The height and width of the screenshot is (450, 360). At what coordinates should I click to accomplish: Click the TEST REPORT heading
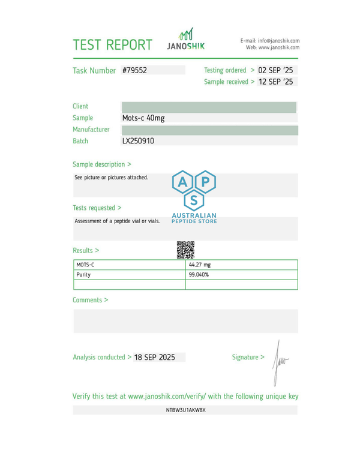(112, 44)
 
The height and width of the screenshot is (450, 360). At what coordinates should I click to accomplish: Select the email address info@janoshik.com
(278, 40)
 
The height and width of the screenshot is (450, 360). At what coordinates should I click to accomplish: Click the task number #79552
(134, 70)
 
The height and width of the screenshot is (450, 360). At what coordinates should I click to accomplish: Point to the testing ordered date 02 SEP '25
(275, 70)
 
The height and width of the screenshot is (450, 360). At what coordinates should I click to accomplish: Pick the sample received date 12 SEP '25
(275, 82)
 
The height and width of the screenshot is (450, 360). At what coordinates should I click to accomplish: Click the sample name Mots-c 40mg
(143, 118)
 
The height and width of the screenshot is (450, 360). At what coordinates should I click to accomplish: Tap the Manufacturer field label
(91, 130)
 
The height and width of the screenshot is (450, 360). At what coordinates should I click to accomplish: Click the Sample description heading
(102, 164)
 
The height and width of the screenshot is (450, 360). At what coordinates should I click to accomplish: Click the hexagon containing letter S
(194, 200)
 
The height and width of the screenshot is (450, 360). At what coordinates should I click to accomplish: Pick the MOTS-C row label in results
(86, 265)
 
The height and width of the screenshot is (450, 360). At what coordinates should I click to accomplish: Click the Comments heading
(91, 299)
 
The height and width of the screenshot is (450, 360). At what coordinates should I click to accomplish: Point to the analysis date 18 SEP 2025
(155, 357)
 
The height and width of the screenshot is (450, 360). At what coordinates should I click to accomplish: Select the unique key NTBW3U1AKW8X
(185, 410)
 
